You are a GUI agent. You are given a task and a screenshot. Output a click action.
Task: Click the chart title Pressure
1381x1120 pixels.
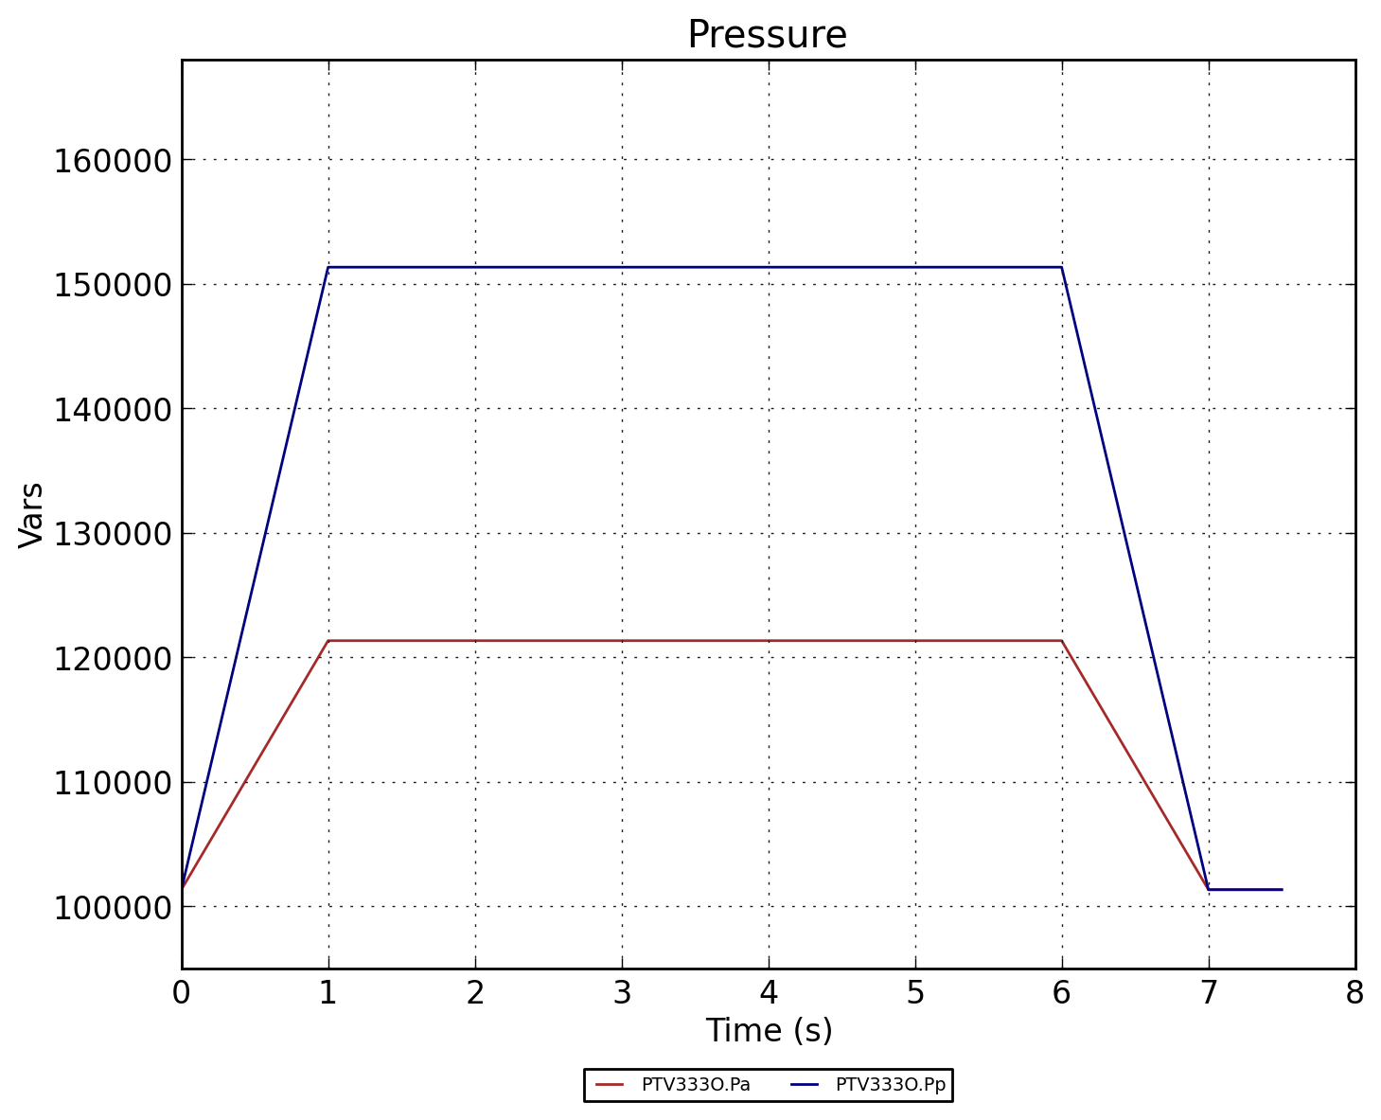point(767,35)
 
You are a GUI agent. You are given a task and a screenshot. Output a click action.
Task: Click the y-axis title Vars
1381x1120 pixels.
point(31,514)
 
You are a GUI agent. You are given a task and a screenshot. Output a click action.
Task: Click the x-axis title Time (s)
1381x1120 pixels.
point(769,1030)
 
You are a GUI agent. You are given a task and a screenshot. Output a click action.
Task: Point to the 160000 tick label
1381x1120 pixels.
point(112,160)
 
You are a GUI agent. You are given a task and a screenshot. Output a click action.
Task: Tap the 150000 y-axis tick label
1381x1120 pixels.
point(112,285)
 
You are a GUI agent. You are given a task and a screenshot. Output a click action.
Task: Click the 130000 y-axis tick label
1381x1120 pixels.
point(112,534)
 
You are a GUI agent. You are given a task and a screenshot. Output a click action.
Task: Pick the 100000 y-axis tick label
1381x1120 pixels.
point(112,907)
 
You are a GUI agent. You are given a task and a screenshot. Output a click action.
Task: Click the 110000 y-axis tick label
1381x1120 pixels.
point(112,783)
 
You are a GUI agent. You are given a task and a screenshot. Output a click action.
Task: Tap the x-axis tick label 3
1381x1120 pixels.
point(622,992)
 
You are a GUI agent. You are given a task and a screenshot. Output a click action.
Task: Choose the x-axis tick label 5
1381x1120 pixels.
point(915,992)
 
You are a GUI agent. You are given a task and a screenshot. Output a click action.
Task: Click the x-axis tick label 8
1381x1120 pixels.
point(1354,992)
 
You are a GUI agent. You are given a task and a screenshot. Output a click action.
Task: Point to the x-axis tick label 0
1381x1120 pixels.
point(182,992)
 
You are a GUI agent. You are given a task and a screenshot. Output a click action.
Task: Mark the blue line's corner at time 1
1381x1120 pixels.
point(328,267)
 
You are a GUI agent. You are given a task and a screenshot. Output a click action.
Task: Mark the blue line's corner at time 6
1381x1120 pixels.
point(1061,267)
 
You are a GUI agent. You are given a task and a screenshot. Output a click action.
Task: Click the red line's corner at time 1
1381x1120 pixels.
point(328,641)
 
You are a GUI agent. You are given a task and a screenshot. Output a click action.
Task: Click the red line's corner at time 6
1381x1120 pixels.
point(1061,641)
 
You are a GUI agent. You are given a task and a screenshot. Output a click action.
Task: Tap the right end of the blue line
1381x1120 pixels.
point(1282,889)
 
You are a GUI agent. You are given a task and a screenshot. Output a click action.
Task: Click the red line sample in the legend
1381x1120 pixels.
point(610,1085)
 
